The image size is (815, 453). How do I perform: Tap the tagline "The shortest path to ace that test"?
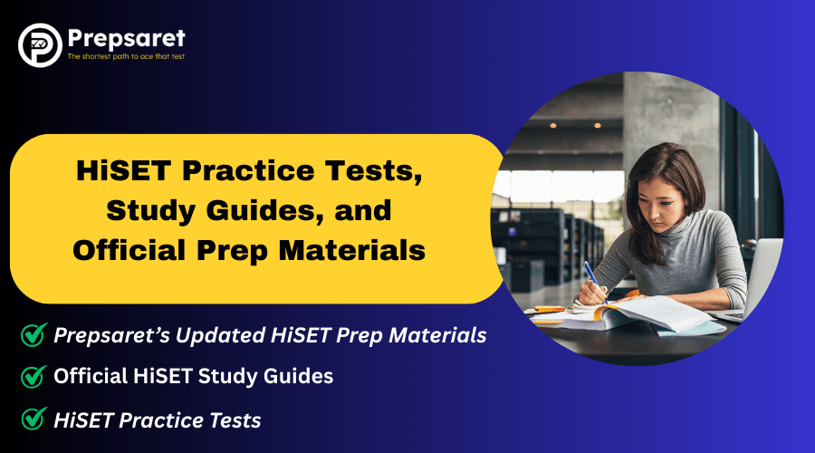coord(127,56)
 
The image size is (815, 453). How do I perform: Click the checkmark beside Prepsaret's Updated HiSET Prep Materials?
coord(34,335)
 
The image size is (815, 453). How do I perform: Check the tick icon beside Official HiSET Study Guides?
coord(34,376)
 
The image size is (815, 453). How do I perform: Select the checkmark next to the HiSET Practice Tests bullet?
coord(34,419)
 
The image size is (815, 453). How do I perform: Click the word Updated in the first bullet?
coord(207,334)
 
